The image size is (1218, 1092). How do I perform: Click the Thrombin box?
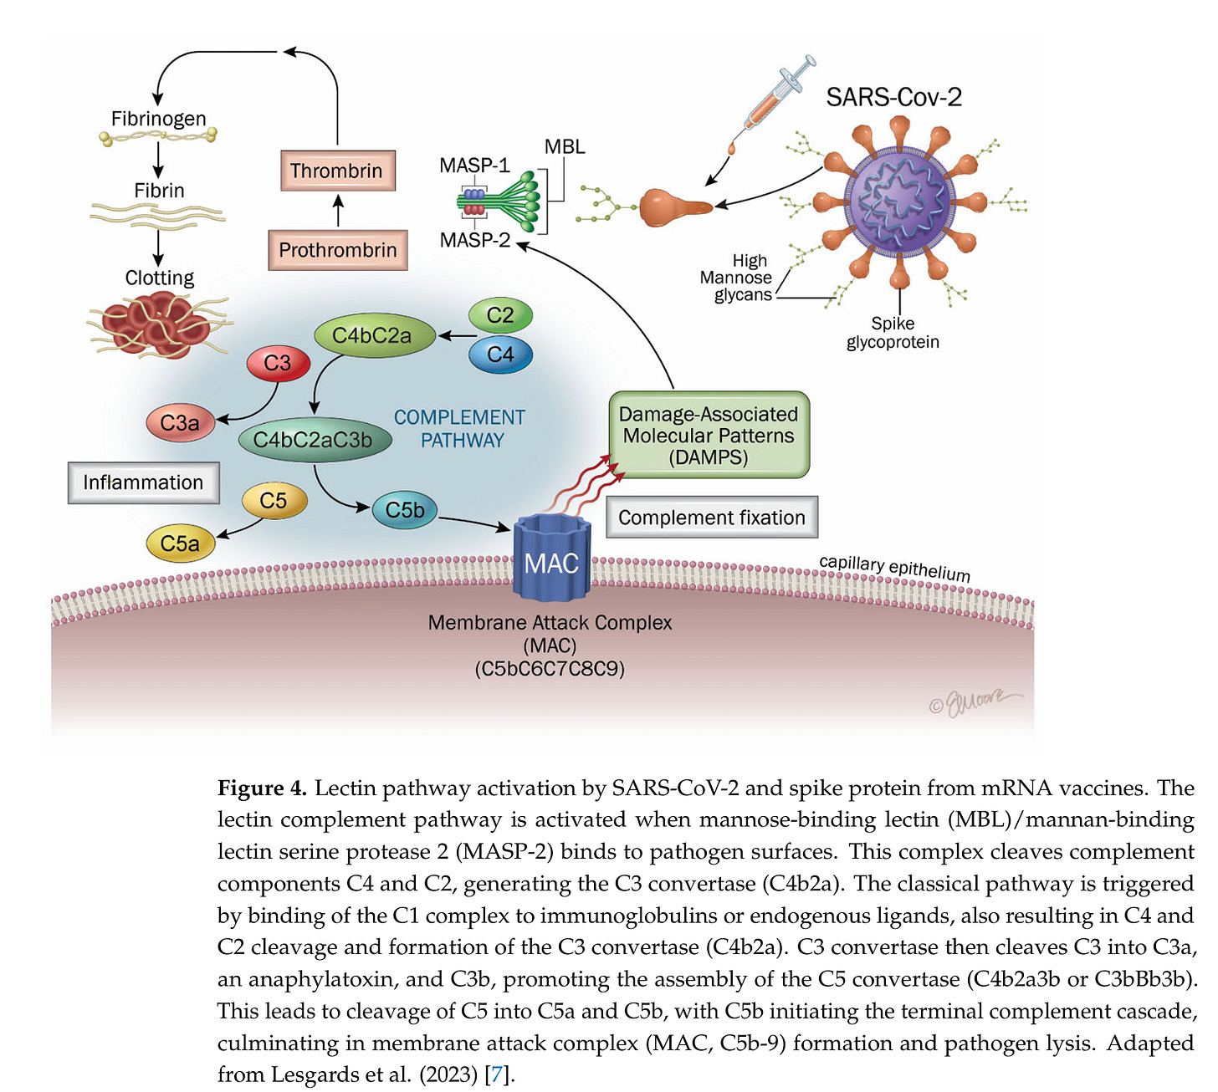point(338,171)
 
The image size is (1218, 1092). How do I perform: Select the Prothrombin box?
point(338,250)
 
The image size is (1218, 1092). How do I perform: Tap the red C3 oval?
point(279,363)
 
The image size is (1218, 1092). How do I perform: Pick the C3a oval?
point(180,423)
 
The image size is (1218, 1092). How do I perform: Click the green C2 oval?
point(500,315)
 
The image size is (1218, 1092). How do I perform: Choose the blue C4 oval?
point(500,355)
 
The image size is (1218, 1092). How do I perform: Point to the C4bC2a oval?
point(375,335)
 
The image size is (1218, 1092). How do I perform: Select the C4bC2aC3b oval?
point(315,439)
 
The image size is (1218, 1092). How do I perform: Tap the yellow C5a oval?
point(180,543)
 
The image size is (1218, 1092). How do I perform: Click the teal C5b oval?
point(404,510)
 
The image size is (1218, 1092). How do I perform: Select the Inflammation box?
point(143,482)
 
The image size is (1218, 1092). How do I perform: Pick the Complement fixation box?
point(711,517)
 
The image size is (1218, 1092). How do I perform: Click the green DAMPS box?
point(709,435)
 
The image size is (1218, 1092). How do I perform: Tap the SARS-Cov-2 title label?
point(893,97)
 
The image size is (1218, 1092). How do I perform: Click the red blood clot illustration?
point(157,325)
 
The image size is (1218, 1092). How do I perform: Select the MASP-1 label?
point(474,165)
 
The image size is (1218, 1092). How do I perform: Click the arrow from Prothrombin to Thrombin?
point(338,211)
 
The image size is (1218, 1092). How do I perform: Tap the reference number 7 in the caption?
point(497,1074)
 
